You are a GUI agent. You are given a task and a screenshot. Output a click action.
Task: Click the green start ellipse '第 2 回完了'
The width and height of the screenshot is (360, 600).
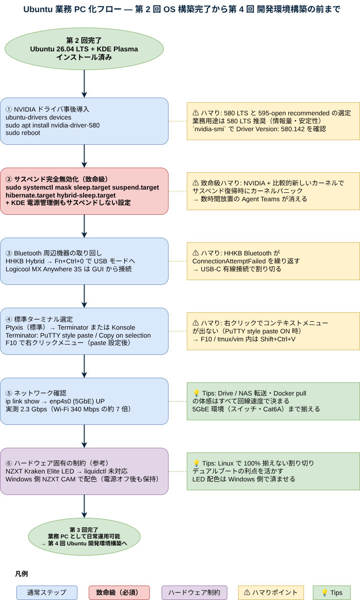(84, 49)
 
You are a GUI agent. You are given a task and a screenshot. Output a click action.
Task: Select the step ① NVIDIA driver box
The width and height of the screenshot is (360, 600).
(84, 121)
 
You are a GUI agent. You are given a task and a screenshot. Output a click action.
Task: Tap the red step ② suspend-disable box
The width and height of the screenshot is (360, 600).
(84, 191)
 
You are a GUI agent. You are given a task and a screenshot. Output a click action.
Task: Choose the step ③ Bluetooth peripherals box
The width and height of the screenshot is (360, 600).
(84, 261)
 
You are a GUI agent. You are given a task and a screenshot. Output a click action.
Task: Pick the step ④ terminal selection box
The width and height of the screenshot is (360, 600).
(84, 331)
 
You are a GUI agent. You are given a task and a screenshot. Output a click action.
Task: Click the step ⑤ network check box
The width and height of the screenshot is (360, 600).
(84, 401)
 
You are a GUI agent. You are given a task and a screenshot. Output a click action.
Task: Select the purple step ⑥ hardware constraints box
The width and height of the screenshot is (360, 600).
(84, 471)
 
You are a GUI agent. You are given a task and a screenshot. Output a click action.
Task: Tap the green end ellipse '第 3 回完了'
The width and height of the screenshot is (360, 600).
(84, 536)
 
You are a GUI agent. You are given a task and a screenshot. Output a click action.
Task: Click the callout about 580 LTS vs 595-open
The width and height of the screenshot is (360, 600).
(273, 121)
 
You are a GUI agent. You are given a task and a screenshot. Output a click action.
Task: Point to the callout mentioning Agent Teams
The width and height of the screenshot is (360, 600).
(273, 191)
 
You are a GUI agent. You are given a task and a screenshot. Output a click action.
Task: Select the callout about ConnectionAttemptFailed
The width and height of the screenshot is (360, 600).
(273, 261)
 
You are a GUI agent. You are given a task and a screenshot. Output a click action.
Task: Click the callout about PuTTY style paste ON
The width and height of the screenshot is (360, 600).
(273, 331)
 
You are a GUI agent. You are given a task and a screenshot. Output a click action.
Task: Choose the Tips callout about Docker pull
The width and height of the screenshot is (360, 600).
(273, 401)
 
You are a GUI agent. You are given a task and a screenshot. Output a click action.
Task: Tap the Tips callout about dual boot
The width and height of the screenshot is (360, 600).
(273, 471)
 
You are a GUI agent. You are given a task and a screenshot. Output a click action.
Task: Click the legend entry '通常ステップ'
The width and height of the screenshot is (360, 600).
(47, 593)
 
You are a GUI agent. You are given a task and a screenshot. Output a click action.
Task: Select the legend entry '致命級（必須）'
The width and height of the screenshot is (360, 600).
(119, 593)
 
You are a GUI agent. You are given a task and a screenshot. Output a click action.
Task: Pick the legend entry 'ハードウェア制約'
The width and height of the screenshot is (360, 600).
(194, 593)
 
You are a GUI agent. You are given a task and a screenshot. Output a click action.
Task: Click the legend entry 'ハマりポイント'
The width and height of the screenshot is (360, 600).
(271, 593)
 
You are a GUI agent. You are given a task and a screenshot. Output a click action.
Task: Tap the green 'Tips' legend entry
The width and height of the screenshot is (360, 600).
(332, 593)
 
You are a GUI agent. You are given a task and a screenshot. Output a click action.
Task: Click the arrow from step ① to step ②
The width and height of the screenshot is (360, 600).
(84, 156)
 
